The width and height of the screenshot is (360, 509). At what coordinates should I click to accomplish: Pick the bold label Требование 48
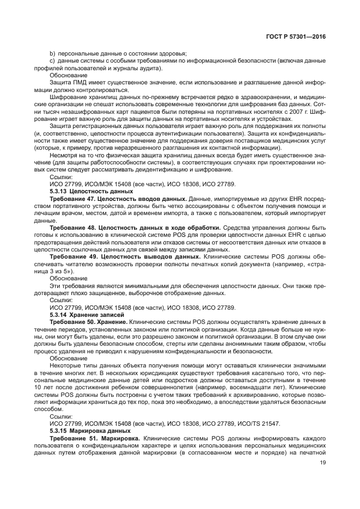coord(71,227)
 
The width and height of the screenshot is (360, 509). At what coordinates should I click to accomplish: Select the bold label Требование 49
coord(71,255)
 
